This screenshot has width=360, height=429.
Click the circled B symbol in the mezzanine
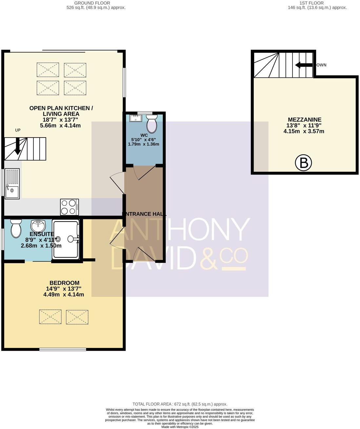(303, 163)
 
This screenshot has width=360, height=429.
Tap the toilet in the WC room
(152, 123)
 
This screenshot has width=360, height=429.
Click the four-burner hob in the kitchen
(70, 207)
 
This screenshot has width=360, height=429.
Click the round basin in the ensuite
(38, 225)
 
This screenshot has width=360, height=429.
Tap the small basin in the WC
(135, 118)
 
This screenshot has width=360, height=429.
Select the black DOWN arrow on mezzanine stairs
(304, 65)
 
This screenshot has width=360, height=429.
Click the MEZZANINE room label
(305, 120)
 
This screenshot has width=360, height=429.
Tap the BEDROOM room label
(64, 283)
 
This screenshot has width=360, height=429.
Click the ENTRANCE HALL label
(144, 214)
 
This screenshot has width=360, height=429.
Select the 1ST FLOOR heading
(311, 3)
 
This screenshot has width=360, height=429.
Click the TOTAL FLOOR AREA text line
(180, 404)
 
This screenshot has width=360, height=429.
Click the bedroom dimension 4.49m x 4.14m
(64, 294)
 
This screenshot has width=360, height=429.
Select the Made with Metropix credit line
(180, 427)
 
